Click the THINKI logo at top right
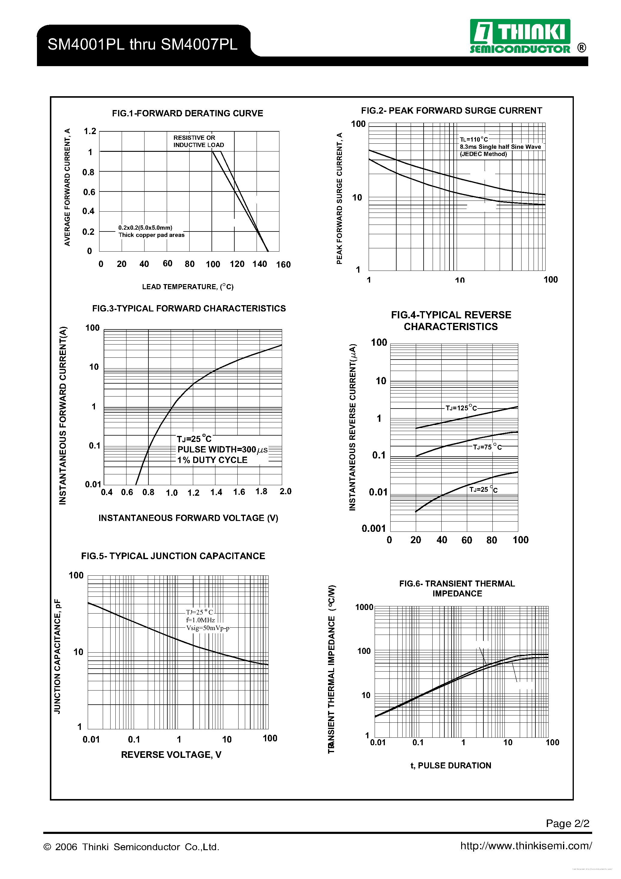click(520, 36)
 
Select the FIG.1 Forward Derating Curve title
click(187, 113)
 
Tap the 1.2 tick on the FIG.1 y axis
click(90, 131)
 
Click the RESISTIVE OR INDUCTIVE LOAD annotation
click(198, 141)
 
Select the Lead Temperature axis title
click(187, 287)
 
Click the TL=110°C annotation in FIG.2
click(474, 139)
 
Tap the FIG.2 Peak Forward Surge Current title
click(452, 111)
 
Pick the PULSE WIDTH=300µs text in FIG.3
click(222, 449)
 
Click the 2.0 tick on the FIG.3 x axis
click(285, 491)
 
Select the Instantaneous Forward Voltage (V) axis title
click(188, 518)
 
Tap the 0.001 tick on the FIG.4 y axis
click(373, 529)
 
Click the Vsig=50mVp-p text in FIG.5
click(207, 628)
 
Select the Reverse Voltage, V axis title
click(171, 755)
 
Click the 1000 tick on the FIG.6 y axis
click(364, 607)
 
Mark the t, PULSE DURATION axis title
click(451, 766)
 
